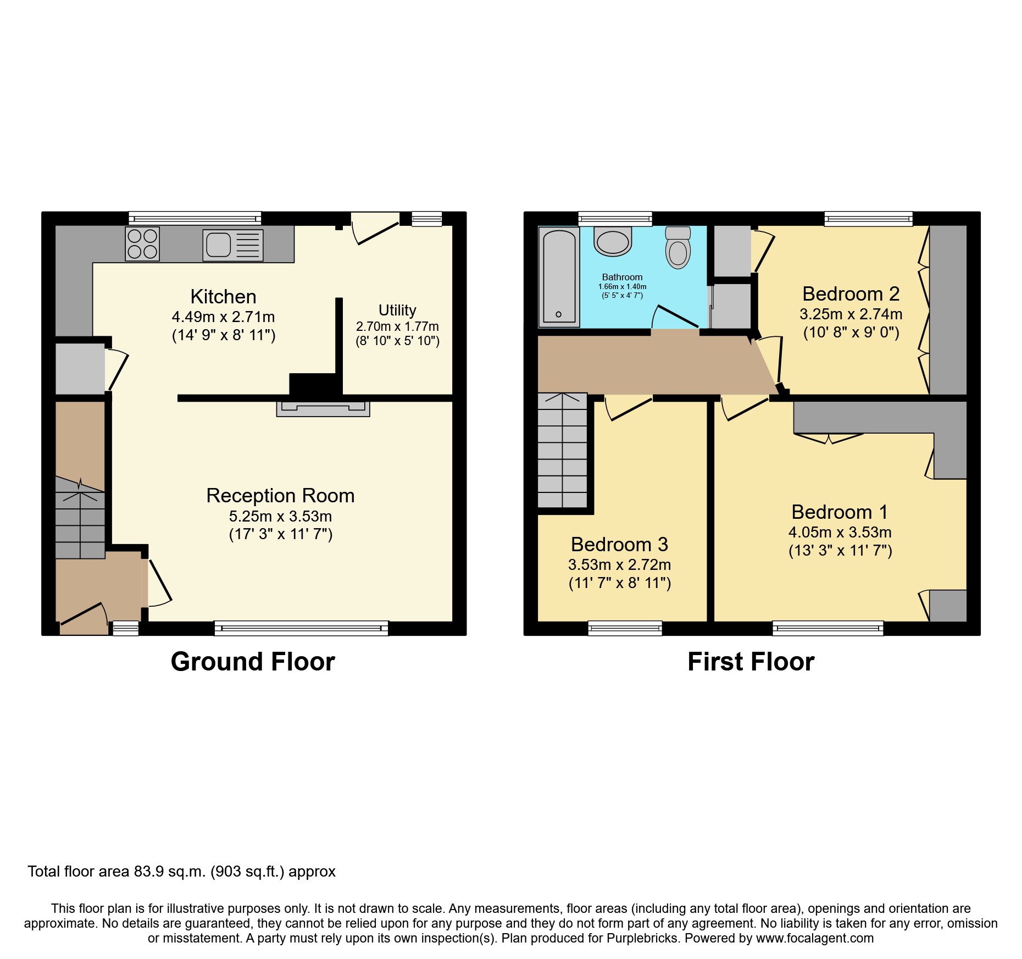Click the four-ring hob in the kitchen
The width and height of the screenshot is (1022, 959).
[x=142, y=244]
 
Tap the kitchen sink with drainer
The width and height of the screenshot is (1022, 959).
[x=233, y=245]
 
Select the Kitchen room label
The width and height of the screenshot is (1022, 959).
[x=223, y=297]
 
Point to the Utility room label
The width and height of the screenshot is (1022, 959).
[x=397, y=310]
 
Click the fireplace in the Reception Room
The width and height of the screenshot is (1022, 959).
[x=323, y=408]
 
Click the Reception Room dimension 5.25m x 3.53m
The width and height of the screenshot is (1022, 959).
[x=280, y=517]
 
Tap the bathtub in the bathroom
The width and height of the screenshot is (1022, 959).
[x=559, y=276]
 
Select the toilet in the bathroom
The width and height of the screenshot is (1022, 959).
[x=677, y=248]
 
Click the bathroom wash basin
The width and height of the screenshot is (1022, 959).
[x=612, y=242]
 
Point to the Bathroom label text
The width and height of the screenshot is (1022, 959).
[x=622, y=278]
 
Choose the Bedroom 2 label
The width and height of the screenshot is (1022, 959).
[x=851, y=294]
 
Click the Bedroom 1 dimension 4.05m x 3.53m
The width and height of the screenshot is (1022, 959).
[x=840, y=533]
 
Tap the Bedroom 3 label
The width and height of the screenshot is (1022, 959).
[x=619, y=545]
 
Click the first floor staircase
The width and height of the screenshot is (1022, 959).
[x=562, y=451]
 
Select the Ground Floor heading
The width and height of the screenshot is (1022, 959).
[x=253, y=662]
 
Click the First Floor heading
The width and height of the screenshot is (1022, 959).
[x=751, y=662]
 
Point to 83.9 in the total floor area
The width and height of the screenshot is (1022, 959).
[x=149, y=872]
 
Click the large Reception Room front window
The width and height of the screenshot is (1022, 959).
[x=301, y=628]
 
